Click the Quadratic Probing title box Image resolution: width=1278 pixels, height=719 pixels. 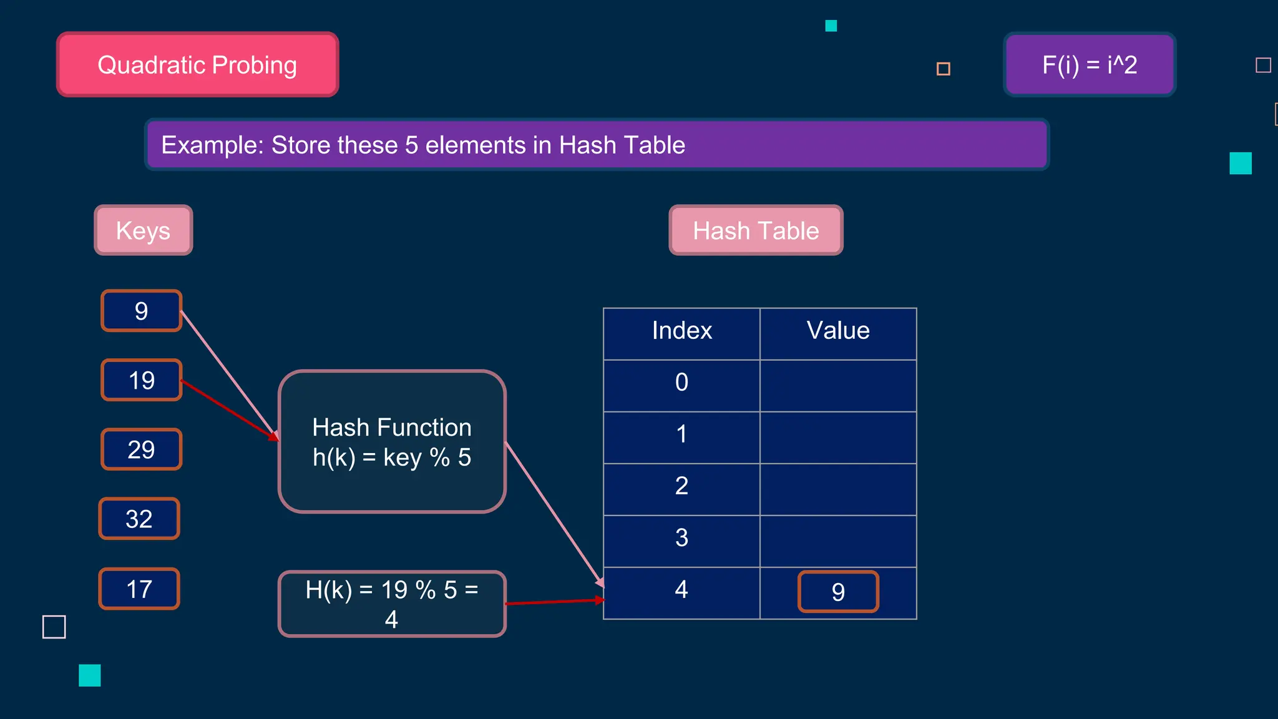pos(197,65)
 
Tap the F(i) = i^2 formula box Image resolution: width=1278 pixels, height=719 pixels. pos(1090,65)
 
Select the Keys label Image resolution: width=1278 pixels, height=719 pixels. pos(144,230)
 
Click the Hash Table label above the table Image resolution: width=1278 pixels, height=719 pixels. pos(756,230)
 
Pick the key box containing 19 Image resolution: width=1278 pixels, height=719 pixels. pos(142,380)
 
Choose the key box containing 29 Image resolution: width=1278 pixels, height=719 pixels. pos(142,449)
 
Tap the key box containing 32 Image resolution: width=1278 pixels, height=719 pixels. pos(139,519)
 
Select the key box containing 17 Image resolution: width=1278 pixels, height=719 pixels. pos(139,589)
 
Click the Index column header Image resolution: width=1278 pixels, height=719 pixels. pos(681,331)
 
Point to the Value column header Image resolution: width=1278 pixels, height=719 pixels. pos(838,331)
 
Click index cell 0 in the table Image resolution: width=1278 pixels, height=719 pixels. pos(681,383)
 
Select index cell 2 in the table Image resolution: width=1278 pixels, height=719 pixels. pos(681,486)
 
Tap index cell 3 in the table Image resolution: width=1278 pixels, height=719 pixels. pos(681,538)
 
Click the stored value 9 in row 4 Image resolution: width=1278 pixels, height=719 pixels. pos(838,592)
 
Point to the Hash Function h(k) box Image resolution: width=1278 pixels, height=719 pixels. pos(392,442)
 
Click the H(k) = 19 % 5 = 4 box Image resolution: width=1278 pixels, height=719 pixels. pos(392,604)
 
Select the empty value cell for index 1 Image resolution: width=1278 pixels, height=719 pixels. pos(838,437)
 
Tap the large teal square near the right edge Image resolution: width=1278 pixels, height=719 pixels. pos(1241,164)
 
